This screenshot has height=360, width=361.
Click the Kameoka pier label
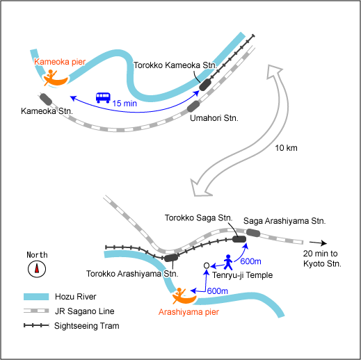pos(60,62)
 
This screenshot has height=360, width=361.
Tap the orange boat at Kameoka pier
pos(56,79)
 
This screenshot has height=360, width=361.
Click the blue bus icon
pos(103,98)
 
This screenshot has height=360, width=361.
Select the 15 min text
pos(125,104)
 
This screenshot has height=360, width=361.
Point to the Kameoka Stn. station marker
pos(46,99)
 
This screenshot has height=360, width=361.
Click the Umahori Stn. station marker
pos(193,106)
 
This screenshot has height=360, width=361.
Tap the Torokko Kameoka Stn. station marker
pos(205,85)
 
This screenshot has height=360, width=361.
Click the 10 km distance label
pos(286,148)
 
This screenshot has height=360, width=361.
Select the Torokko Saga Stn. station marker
pos(239,239)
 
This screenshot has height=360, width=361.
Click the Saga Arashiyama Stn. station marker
pos(253,233)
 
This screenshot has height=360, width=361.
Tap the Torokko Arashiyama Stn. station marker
pos(171,258)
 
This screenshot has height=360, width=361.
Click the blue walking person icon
pos(228,262)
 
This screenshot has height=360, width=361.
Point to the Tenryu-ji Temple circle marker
pos(207,265)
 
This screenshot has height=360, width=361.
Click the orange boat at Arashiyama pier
pos(184,297)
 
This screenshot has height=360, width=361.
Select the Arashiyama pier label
pos(188,312)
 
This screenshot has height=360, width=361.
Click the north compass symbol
pos(37,269)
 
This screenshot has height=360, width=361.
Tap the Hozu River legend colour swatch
pos(36,297)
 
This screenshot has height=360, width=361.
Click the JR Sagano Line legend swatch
pos(36,311)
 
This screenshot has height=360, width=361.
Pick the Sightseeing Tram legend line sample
pos(36,325)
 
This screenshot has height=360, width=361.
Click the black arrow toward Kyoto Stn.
pos(318,243)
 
